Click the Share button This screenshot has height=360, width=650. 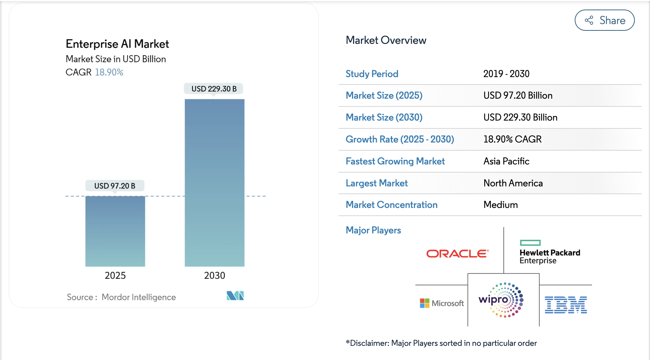[604, 20]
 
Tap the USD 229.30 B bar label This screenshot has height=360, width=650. [214, 89]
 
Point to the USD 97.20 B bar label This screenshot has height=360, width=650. [115, 186]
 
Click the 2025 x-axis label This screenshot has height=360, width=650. [115, 275]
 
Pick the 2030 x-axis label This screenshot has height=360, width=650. [215, 275]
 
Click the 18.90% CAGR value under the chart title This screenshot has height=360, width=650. [109, 72]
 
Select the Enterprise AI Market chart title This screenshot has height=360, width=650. [117, 44]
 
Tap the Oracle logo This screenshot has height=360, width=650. [457, 254]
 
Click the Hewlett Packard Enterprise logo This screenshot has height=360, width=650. [550, 252]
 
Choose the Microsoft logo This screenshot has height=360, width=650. [442, 303]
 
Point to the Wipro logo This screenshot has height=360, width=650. [502, 300]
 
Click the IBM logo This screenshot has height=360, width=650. [566, 305]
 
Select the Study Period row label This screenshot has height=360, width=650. [372, 74]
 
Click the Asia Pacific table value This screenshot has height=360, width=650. [506, 161]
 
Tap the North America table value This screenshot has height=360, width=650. [513, 183]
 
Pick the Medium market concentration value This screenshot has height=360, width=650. [500, 205]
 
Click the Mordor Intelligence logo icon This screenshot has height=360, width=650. [235, 296]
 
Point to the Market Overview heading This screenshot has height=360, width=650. [386, 40]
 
